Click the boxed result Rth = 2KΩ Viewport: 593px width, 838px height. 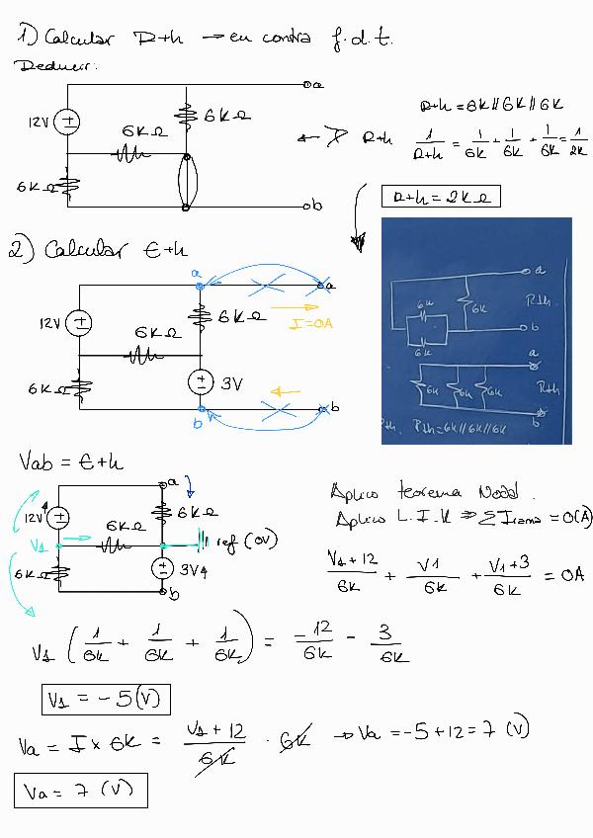(x=441, y=198)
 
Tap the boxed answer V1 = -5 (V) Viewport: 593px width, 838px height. (x=105, y=700)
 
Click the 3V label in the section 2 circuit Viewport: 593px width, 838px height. (x=231, y=383)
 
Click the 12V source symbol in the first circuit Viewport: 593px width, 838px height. (x=68, y=123)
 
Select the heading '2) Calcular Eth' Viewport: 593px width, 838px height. (x=98, y=251)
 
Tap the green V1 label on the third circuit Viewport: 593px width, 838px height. (x=38, y=545)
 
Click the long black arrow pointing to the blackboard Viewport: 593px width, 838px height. (x=354, y=218)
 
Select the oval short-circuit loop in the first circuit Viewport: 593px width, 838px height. (x=185, y=182)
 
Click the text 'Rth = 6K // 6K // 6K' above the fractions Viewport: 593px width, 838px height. (x=492, y=105)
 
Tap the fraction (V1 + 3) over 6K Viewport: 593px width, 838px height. (x=504, y=574)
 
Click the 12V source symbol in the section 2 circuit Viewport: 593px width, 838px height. (x=80, y=322)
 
